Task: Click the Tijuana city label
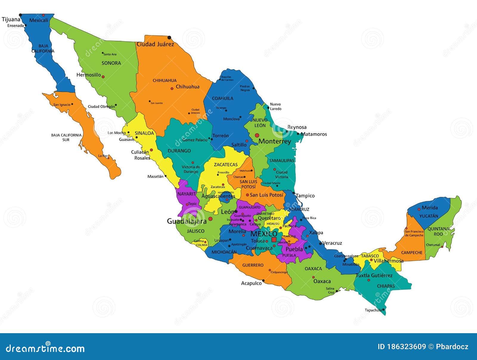pyautogui.click(x=11, y=20)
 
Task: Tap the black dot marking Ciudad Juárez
pyautogui.click(x=169, y=38)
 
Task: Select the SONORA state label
pyautogui.click(x=111, y=63)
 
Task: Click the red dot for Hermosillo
pyautogui.click(x=103, y=77)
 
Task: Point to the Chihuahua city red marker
pyautogui.click(x=172, y=89)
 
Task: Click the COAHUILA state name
pyautogui.click(x=222, y=98)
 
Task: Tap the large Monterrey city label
pyautogui.click(x=275, y=141)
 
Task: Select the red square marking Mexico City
pyautogui.click(x=274, y=240)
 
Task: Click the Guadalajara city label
pyautogui.click(x=187, y=221)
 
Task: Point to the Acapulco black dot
pyautogui.click(x=263, y=281)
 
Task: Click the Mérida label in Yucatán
pyautogui.click(x=430, y=208)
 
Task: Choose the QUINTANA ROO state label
pyautogui.click(x=438, y=232)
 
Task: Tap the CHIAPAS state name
pyautogui.click(x=386, y=286)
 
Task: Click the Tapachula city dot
pyautogui.click(x=383, y=310)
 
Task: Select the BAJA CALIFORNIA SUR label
pyautogui.click(x=66, y=137)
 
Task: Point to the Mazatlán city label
pyautogui.click(x=155, y=176)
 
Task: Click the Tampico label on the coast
pyautogui.click(x=305, y=196)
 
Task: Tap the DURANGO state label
pyautogui.click(x=179, y=151)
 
